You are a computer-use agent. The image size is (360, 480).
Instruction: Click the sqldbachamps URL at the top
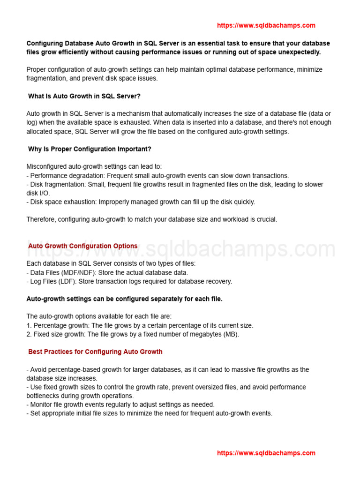pyautogui.click(x=266, y=25)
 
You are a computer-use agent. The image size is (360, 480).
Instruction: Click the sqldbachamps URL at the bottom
pyautogui.click(x=266, y=453)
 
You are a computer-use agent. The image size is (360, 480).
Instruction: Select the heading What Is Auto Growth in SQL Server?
pyautogui.click(x=84, y=96)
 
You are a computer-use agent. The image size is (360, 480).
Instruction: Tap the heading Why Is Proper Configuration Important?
pyautogui.click(x=90, y=149)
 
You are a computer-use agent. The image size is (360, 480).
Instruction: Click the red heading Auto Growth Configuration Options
pyautogui.click(x=83, y=246)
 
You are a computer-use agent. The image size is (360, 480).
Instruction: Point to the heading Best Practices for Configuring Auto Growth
pyautogui.click(x=95, y=352)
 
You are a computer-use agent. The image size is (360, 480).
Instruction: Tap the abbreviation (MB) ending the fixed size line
pyautogui.click(x=230, y=334)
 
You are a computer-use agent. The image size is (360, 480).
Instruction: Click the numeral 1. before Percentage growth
pyautogui.click(x=29, y=325)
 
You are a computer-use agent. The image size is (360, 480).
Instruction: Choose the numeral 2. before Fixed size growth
pyautogui.click(x=29, y=334)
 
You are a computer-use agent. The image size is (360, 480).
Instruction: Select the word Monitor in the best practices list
pyautogui.click(x=42, y=405)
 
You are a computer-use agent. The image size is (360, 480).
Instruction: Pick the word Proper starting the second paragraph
pyautogui.click(x=37, y=69)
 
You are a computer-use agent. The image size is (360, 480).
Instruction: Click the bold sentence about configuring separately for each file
pyautogui.click(x=124, y=299)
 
